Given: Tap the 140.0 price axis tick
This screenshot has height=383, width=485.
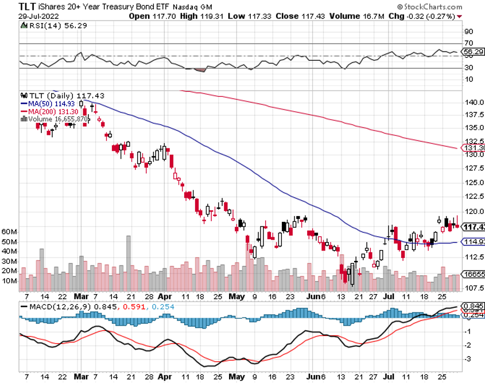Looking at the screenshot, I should pos(472,102).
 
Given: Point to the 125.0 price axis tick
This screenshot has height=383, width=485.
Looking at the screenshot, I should pos(472,182).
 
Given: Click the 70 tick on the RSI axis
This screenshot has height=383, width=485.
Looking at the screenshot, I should pos(468,44).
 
